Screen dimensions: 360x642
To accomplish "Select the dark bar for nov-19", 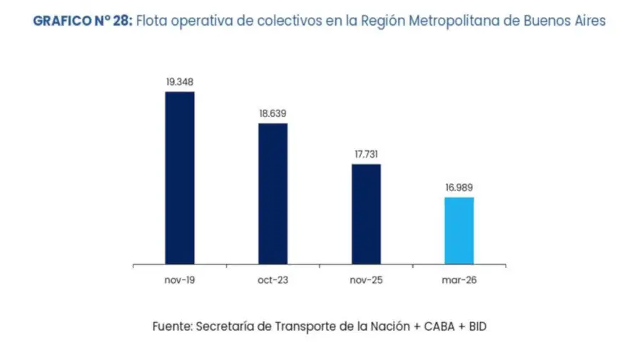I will point(180,178).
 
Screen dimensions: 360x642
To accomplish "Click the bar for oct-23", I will point(272,193).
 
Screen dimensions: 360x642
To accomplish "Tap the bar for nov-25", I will point(366,214).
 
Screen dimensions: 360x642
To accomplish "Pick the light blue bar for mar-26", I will point(459,230).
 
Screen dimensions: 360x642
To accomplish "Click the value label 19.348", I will point(180,82).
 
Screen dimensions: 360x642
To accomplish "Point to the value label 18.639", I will point(272,113).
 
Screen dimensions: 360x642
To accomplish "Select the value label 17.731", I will point(366,154).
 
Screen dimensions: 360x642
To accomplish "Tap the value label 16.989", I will point(459,187).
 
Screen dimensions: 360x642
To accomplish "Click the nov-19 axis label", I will point(180,280).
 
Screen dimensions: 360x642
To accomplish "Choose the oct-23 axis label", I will point(272,280).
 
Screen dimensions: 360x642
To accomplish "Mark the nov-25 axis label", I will point(366,280).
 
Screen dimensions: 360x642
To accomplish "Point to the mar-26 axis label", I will point(459,280).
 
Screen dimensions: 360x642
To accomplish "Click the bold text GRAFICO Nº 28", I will point(82,21).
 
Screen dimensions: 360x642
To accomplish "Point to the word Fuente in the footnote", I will point(171,326).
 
